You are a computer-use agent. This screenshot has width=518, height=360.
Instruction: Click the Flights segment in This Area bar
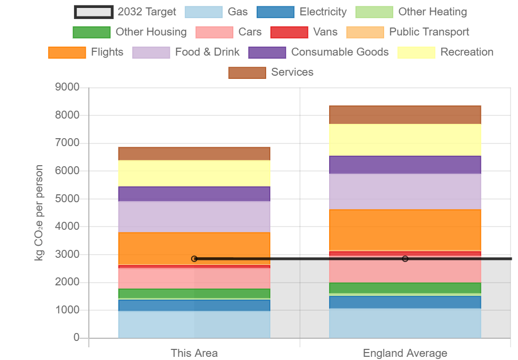194,249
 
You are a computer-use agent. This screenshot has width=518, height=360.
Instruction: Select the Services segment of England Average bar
405,115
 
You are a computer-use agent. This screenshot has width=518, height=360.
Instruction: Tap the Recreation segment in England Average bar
405,140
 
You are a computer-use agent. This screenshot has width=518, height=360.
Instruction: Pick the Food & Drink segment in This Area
194,217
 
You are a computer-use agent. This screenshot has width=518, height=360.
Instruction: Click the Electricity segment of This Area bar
194,305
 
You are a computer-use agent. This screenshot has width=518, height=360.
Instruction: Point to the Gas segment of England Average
405,323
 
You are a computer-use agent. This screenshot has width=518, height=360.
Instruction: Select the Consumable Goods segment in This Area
194,194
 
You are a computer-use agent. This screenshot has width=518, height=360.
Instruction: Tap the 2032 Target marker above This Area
194,259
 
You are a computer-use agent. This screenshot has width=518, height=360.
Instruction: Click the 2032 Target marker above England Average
405,259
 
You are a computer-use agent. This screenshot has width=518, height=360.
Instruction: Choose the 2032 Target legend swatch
94,12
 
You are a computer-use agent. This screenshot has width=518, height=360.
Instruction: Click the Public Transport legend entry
407,32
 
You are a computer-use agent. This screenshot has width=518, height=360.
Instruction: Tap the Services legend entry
271,73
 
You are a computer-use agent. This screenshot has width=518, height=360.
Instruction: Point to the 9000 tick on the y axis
67,87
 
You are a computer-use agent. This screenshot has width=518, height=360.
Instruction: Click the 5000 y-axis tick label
67,199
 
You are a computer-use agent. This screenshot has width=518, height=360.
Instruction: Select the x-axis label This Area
194,353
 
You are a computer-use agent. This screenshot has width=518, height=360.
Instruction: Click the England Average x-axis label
405,353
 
